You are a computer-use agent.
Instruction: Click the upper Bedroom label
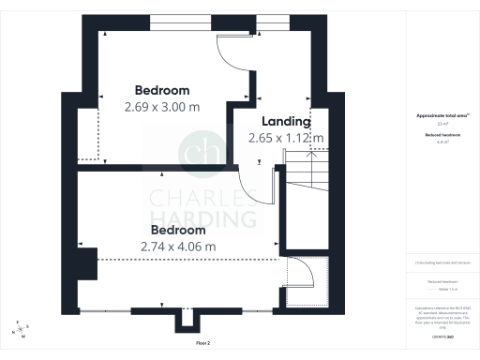click(162, 90)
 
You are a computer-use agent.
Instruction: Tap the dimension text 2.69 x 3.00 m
click(162, 107)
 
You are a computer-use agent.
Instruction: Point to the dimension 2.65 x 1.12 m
click(286, 138)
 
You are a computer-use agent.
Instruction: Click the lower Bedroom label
click(178, 230)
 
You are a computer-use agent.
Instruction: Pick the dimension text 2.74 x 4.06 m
click(178, 247)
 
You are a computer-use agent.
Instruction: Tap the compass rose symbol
click(22, 329)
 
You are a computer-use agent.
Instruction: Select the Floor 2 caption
click(203, 343)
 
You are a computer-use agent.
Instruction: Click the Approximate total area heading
click(442, 115)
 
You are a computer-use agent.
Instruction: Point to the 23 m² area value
click(442, 124)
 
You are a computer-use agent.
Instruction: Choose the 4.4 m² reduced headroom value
click(442, 142)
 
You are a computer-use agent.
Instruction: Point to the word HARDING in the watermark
click(204, 220)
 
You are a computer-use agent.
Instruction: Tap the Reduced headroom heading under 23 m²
click(442, 135)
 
